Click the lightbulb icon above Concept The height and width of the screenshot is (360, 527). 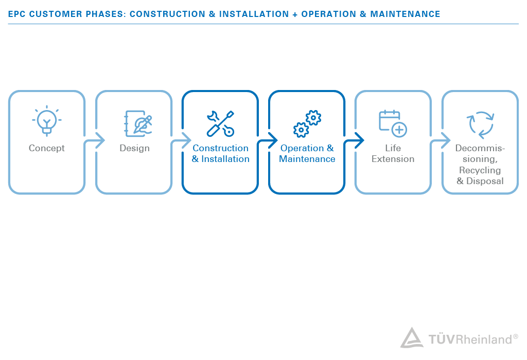(x=47, y=121)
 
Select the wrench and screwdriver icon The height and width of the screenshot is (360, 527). (x=220, y=123)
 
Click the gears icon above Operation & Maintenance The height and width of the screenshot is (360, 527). (x=307, y=123)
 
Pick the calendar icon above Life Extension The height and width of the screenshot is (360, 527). (x=393, y=123)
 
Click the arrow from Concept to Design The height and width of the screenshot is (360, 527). (x=97, y=140)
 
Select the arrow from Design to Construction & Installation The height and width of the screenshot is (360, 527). (x=183, y=140)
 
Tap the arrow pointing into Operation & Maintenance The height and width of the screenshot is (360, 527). (x=270, y=140)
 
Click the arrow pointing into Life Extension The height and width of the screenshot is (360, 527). (x=356, y=140)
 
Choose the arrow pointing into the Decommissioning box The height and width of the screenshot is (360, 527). (x=443, y=140)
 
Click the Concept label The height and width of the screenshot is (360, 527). (x=47, y=148)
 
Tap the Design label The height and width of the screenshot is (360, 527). (x=134, y=148)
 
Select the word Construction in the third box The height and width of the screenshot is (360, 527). (x=220, y=148)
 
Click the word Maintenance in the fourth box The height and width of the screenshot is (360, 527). (x=307, y=159)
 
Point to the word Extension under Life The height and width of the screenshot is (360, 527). (x=393, y=159)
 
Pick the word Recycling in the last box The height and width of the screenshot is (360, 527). (x=480, y=170)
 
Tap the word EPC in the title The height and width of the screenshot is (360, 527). (x=17, y=14)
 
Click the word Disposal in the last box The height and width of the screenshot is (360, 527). (x=485, y=181)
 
